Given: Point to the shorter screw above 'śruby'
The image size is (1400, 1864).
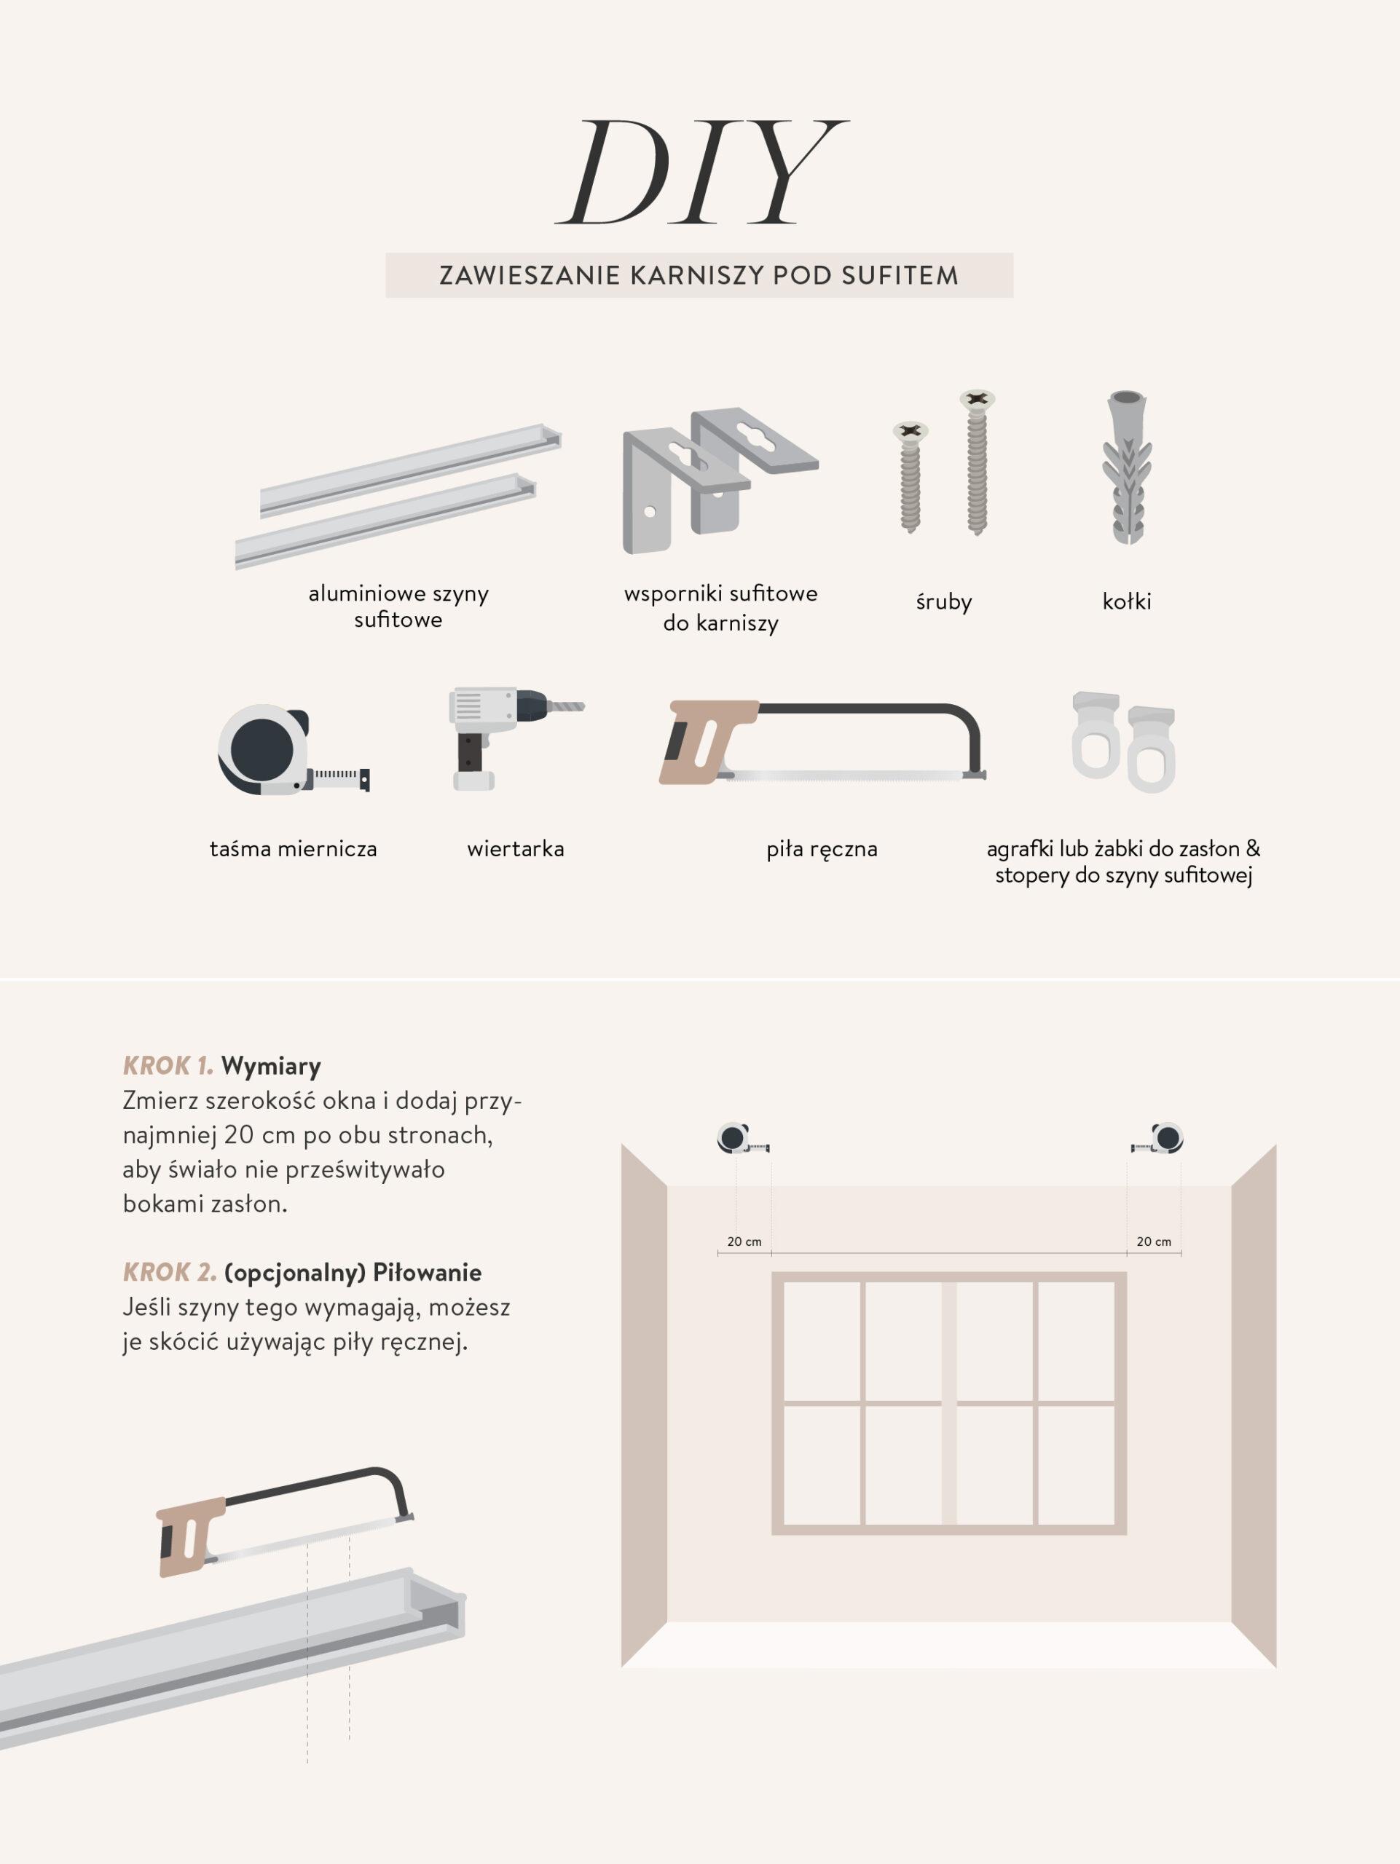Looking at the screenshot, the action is point(911,477).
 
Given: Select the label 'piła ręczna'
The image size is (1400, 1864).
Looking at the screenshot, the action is point(822,850).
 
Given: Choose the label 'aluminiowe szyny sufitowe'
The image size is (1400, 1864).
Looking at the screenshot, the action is point(398,607).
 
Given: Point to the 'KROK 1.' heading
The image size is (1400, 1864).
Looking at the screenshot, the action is point(168,1066).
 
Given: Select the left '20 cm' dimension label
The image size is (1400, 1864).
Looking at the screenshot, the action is point(744,1241).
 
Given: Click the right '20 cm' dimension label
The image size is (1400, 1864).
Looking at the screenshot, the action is point(1154,1241).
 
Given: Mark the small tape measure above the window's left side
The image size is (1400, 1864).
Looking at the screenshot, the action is point(742,1139).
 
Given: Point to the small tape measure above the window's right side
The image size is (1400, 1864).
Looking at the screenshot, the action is point(1157,1139).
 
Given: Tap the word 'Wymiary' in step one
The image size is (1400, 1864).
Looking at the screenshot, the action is point(272,1066).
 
